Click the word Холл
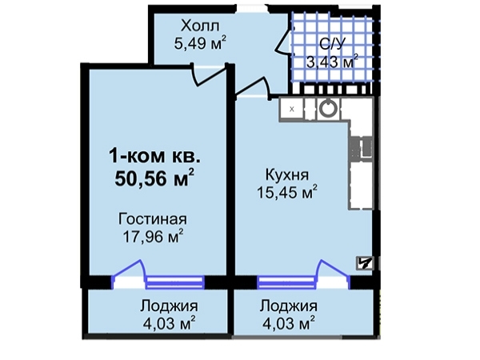[x=200, y=26]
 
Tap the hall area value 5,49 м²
[x=201, y=43]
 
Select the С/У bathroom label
[x=332, y=44]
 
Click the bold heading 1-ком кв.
[x=155, y=156]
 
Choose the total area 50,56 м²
[x=154, y=178]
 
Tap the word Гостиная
[x=153, y=219]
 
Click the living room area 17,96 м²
[x=153, y=236]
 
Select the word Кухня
[x=287, y=174]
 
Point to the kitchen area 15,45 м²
[x=287, y=193]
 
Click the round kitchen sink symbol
[x=328, y=108]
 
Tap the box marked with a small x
[x=292, y=109]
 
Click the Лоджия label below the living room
[x=169, y=306]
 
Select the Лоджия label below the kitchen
[x=288, y=306]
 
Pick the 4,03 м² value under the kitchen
[x=289, y=323]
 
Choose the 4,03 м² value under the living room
[x=170, y=323]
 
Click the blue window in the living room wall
[x=174, y=282]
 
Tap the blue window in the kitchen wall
[x=286, y=282]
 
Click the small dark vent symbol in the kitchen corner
[x=365, y=263]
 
